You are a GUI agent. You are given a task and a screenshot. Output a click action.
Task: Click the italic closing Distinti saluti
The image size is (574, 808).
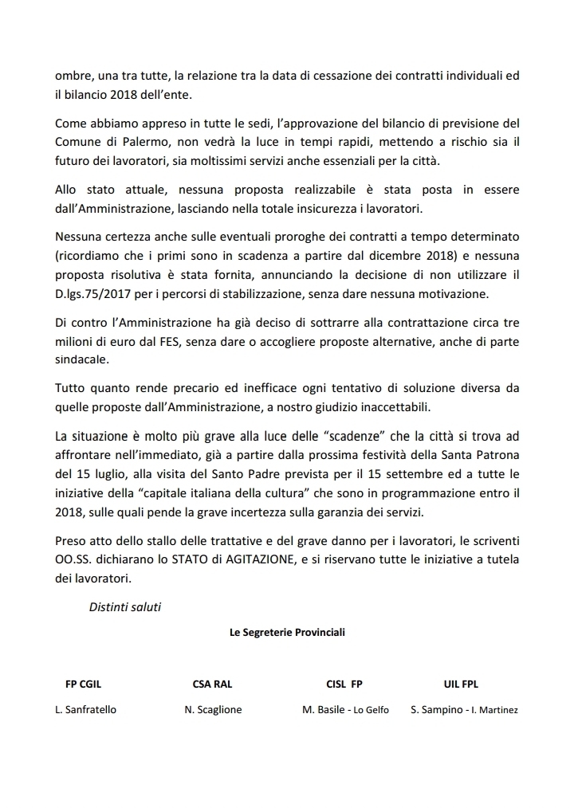click(x=125, y=606)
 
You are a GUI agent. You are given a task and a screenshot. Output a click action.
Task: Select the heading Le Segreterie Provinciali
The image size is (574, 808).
click(x=287, y=633)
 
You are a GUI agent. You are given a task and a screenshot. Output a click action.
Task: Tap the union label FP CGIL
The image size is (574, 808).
click(x=83, y=684)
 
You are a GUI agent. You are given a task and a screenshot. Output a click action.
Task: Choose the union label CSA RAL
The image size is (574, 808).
click(x=213, y=684)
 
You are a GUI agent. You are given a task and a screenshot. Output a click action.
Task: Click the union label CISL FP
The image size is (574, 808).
click(x=344, y=684)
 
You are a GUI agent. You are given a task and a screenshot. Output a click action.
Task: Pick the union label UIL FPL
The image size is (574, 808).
click(x=461, y=684)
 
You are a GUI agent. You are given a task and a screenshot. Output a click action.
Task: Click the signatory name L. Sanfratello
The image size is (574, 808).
click(x=85, y=709)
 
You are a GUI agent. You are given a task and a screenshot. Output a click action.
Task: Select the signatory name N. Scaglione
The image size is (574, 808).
click(x=213, y=709)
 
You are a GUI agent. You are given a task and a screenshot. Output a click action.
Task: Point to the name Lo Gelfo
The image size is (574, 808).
click(x=372, y=710)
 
